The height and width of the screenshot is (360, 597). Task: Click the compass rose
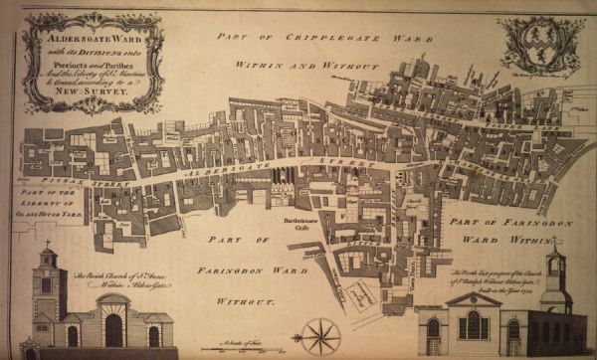(x=324, y=334)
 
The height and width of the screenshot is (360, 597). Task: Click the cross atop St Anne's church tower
(x=46, y=244)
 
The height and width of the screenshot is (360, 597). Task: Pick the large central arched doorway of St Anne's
(x=113, y=328)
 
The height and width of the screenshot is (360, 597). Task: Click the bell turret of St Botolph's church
(x=556, y=264)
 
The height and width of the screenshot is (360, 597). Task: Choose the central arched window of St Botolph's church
(x=473, y=324)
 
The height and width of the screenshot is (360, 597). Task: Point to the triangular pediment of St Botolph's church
(x=473, y=298)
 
